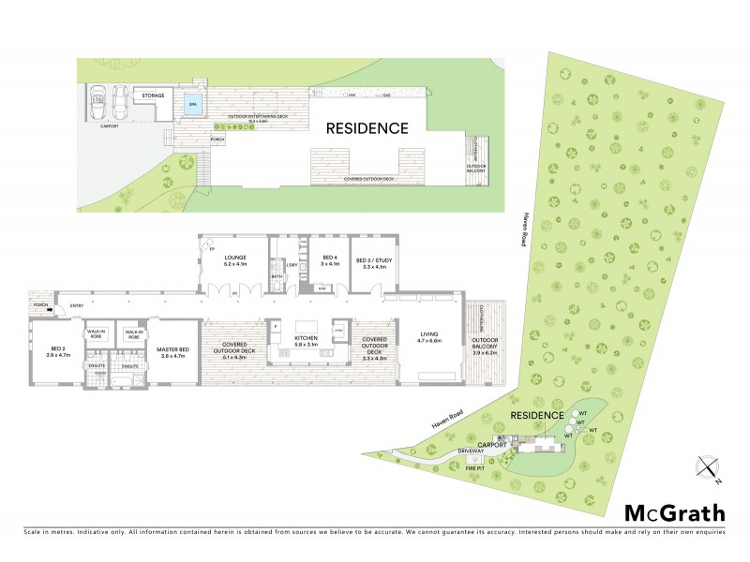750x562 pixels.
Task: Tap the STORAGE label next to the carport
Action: point(154,96)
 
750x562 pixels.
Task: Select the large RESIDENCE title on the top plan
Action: point(367,128)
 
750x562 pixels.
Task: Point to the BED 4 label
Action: point(329,258)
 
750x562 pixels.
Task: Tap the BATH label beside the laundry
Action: point(277,276)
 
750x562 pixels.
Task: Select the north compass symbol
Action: point(708,467)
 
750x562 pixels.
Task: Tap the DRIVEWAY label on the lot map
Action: point(471,451)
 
